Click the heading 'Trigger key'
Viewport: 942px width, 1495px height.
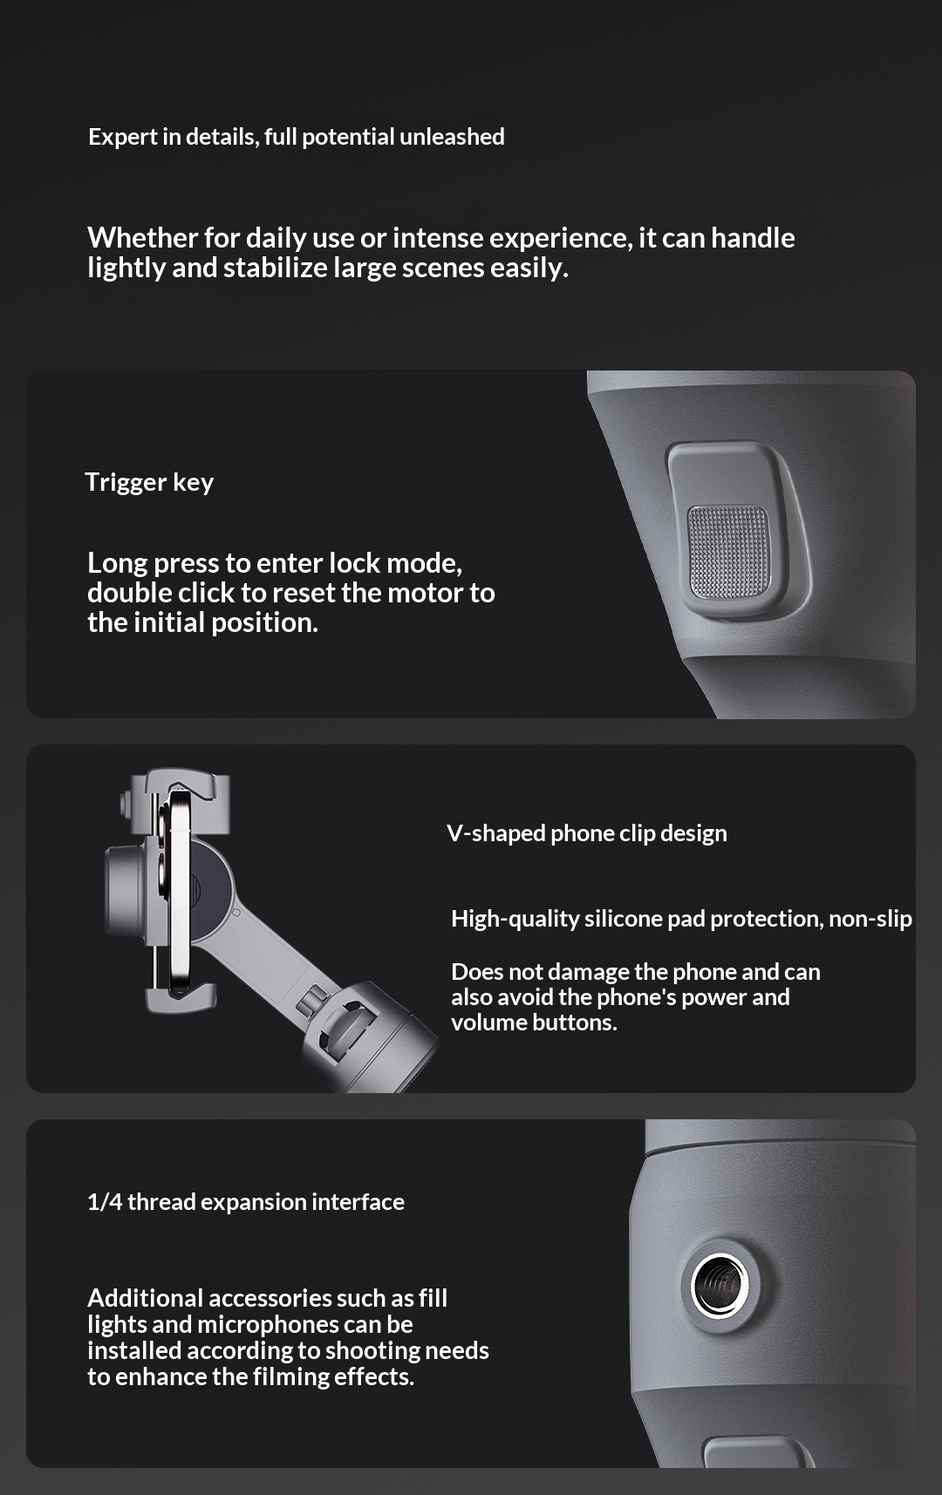(x=149, y=482)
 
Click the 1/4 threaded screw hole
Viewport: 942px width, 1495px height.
(x=720, y=1284)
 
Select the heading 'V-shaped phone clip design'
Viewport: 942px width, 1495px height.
(x=587, y=833)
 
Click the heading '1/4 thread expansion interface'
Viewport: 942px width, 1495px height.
(x=246, y=1202)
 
